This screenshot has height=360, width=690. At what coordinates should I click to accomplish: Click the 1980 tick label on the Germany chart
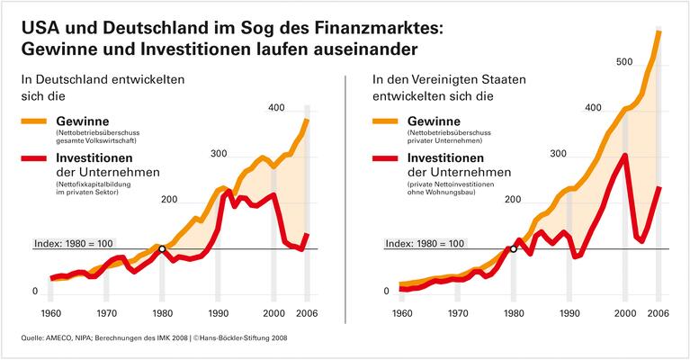pyautogui.click(x=162, y=314)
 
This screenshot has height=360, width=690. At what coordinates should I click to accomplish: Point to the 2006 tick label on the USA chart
pyautogui.click(x=658, y=314)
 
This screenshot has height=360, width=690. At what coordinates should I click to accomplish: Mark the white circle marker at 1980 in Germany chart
pyautogui.click(x=162, y=248)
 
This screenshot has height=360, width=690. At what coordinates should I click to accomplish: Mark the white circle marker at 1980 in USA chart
pyautogui.click(x=514, y=248)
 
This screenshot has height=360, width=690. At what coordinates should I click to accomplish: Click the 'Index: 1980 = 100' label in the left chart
pyautogui.click(x=73, y=243)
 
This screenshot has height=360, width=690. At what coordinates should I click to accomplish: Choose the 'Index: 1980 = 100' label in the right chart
pyautogui.click(x=424, y=243)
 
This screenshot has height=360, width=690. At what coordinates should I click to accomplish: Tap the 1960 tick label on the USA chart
pyautogui.click(x=402, y=314)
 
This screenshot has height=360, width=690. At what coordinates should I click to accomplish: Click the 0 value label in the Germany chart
pyautogui.click(x=35, y=292)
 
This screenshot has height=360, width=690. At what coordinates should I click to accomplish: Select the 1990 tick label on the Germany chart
pyautogui.click(x=218, y=314)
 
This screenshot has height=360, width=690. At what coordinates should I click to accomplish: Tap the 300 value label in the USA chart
pyautogui.click(x=557, y=155)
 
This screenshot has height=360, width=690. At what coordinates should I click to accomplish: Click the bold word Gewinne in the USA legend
pyautogui.click(x=434, y=121)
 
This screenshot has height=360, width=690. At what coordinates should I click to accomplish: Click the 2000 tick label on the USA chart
pyautogui.click(x=624, y=314)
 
